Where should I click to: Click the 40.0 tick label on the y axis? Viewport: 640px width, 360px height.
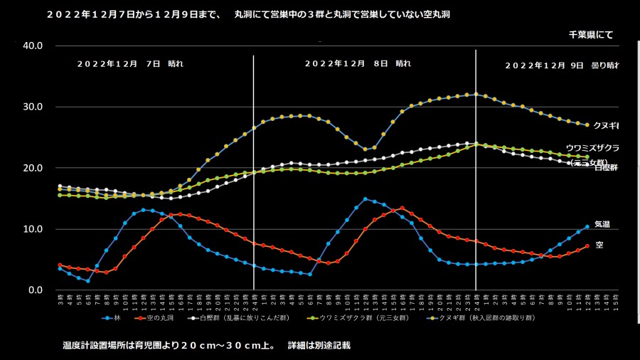[x=33, y=46]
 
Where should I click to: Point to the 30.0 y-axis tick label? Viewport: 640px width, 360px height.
[x=33, y=107]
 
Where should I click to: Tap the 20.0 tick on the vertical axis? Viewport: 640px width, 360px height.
[x=33, y=169]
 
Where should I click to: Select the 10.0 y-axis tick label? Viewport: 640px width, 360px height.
[x=33, y=230]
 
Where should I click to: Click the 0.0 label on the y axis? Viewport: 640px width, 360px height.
[x=36, y=290]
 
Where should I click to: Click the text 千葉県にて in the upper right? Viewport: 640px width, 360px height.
[x=590, y=34]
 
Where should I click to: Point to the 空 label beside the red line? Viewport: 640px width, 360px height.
[x=599, y=245]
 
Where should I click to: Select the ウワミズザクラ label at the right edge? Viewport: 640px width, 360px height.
[x=592, y=148]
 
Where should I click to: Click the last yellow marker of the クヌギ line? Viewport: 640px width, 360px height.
[x=587, y=125]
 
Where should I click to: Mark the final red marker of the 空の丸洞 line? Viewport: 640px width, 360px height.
[x=587, y=246]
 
